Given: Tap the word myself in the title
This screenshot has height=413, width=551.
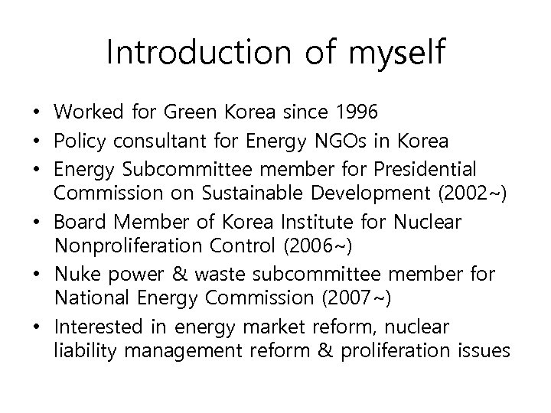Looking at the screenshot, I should click(x=396, y=53).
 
